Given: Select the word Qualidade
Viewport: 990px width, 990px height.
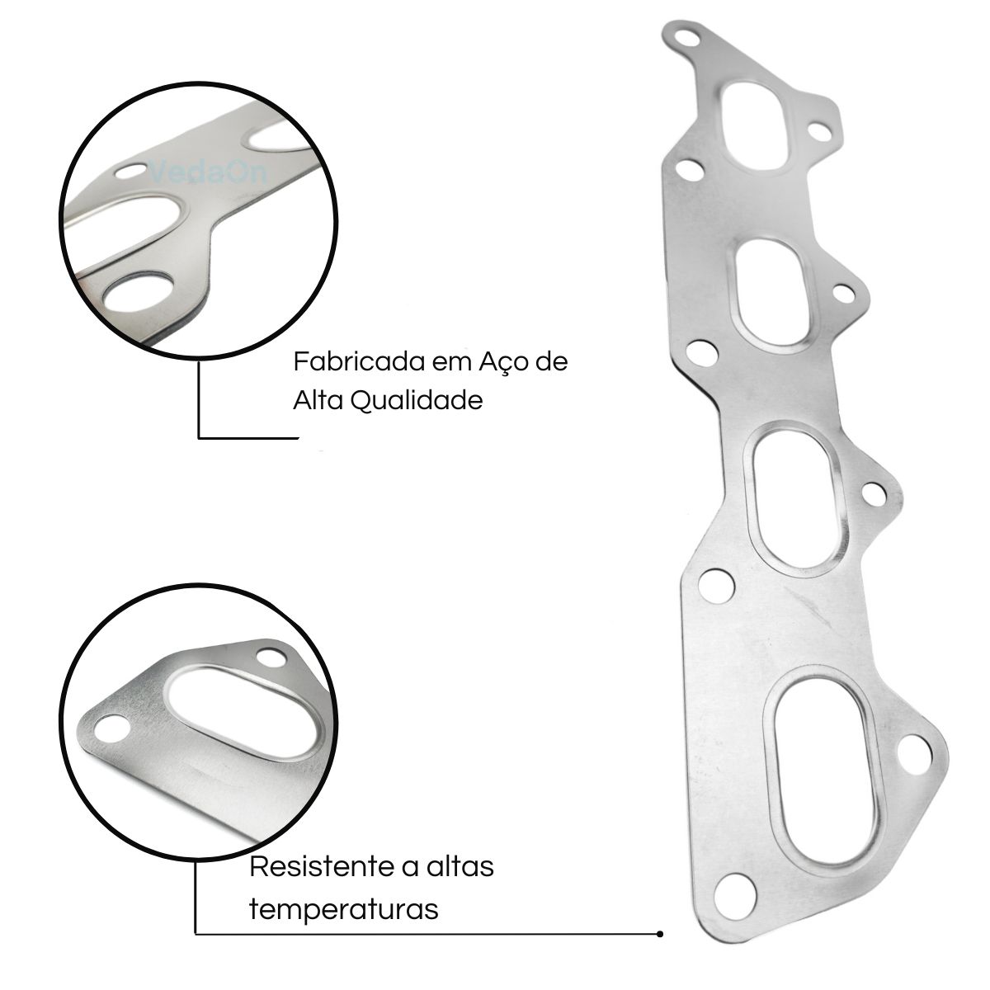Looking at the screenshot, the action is point(417,401).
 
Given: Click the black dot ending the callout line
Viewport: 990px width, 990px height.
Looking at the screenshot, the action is point(660,934).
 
